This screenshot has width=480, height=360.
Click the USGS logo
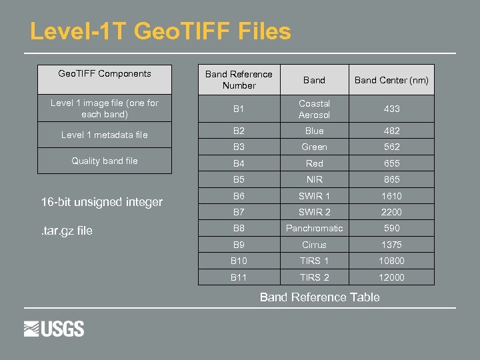(x=54, y=329)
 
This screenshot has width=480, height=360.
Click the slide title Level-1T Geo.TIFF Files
(x=161, y=31)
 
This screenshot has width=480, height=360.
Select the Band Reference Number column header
(x=239, y=80)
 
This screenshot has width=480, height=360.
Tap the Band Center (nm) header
(x=391, y=80)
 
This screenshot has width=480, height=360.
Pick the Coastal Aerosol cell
(x=314, y=109)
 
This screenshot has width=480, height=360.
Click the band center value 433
(x=391, y=109)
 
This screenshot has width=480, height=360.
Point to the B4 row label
(x=239, y=163)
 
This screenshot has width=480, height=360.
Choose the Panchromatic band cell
(x=314, y=228)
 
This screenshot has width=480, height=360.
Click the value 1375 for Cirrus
(x=391, y=245)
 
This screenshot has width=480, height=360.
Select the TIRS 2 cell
(x=314, y=277)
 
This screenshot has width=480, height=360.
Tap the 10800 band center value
(x=391, y=261)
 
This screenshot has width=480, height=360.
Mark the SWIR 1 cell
(x=314, y=196)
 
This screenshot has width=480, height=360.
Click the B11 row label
(x=239, y=277)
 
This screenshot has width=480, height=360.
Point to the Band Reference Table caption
(x=319, y=297)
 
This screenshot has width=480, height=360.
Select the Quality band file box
(x=105, y=161)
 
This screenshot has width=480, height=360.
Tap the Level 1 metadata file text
(x=105, y=135)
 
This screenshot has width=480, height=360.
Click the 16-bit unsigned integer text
(x=101, y=201)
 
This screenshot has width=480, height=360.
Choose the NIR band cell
(x=314, y=179)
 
